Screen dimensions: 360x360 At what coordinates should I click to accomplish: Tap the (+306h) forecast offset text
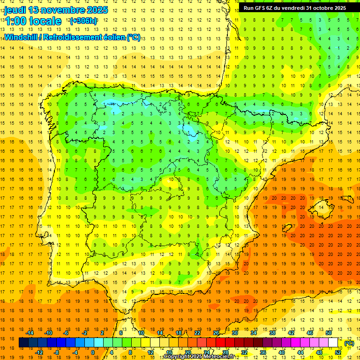coord(84,21)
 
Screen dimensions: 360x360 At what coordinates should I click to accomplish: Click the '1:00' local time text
coord(16,21)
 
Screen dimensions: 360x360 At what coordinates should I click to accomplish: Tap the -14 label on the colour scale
coord(30,333)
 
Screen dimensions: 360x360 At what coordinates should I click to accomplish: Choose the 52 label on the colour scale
coord(338,352)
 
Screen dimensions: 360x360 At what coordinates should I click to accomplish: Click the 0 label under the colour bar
coord(93,352)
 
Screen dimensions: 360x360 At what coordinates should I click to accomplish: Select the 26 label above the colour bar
coord(216,333)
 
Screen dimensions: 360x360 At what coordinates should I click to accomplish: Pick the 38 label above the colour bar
coord(272,333)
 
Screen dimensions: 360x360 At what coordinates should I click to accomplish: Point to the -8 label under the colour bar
coord(56,352)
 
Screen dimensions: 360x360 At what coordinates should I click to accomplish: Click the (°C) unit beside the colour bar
coord(349,343)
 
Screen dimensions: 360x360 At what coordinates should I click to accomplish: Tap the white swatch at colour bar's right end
coord(333,343)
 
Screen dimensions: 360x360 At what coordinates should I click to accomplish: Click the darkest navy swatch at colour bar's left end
coord(23,343)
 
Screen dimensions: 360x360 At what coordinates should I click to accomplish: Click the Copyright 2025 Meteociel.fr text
coord(198,357)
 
